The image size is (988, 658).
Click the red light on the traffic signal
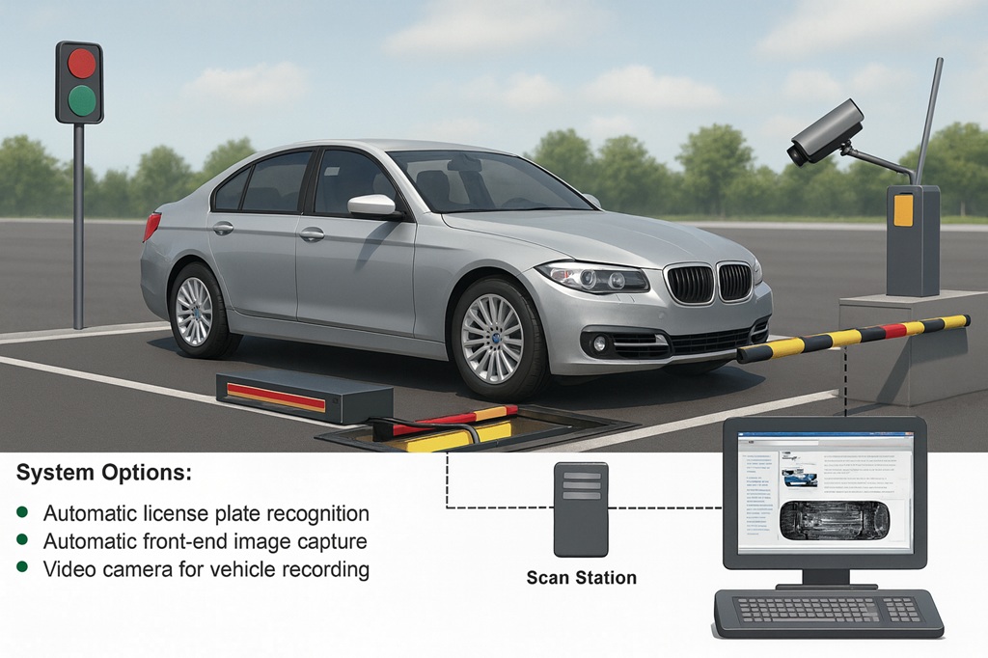(x=82, y=64)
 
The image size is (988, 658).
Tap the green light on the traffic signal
(x=82, y=100)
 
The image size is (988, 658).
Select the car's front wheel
(x=492, y=338)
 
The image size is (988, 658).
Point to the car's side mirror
(x=372, y=206)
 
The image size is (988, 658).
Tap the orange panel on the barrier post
(x=903, y=210)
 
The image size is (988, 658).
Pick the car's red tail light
(x=151, y=227)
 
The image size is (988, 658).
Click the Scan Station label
(x=581, y=578)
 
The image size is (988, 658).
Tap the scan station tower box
(x=581, y=509)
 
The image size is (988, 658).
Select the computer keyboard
(x=828, y=612)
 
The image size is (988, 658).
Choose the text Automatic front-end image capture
(x=205, y=541)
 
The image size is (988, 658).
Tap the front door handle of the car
(x=311, y=233)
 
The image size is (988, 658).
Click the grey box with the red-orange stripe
(x=304, y=395)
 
